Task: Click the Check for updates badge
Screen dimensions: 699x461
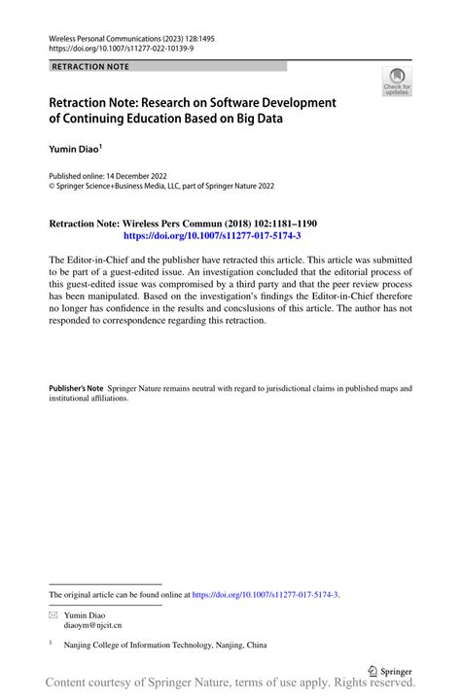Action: click(x=396, y=82)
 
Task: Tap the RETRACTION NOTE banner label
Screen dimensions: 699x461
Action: click(x=89, y=66)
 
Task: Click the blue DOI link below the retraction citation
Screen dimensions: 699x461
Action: click(x=211, y=235)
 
